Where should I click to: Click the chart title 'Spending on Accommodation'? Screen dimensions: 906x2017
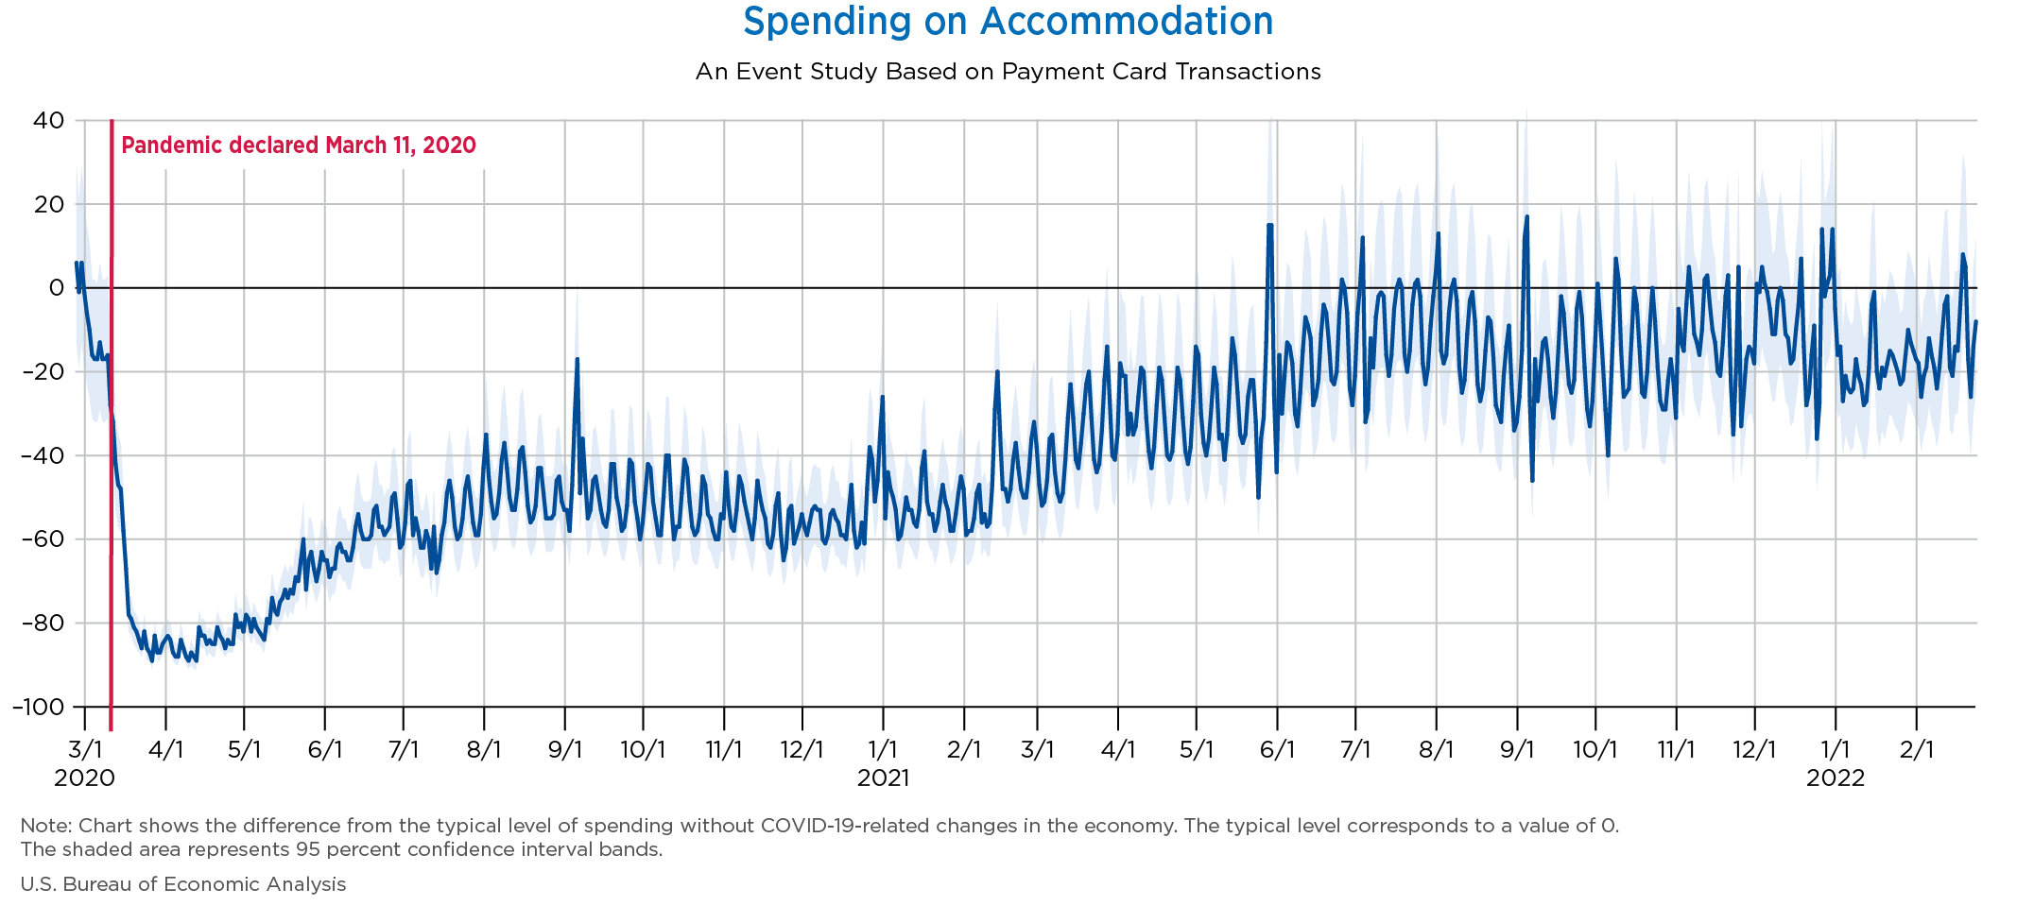1008,22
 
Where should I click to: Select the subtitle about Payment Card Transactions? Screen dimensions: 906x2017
1008,72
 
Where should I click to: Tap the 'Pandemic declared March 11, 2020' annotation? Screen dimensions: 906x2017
299,145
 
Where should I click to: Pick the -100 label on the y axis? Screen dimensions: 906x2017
39,707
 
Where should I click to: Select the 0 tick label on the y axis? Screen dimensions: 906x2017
57,288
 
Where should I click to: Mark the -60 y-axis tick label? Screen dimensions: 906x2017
44,539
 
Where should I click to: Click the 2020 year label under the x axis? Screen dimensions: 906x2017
85,778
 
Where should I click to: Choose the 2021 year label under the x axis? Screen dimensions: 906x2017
883,778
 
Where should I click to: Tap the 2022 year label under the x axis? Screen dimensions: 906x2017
1836,778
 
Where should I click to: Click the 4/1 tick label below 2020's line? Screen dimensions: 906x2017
165,750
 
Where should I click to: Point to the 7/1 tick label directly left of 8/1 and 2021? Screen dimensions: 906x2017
1356,750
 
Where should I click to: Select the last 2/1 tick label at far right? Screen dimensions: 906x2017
1916,750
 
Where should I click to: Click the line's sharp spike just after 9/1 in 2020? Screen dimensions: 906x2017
577,360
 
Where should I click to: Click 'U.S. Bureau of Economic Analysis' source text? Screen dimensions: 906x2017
183,884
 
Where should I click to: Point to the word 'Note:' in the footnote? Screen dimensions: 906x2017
42,826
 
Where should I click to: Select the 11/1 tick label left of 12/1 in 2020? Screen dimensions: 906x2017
724,750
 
